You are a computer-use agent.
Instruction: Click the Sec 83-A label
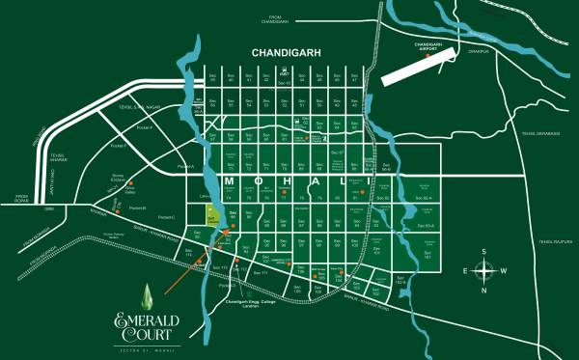pyautogui.click(x=427, y=225)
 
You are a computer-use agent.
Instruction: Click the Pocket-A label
pyautogui.click(x=185, y=166)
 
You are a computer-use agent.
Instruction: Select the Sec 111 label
pyautogui.click(x=258, y=273)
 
